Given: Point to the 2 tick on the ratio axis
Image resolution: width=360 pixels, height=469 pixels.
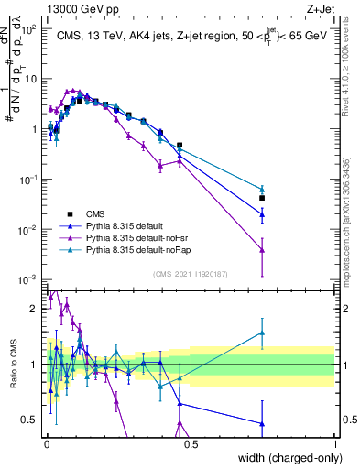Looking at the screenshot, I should (x=36, y=309).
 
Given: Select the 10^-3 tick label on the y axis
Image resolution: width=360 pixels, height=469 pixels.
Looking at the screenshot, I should (x=27, y=278).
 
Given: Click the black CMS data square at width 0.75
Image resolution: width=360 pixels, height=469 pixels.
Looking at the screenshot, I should (x=262, y=198).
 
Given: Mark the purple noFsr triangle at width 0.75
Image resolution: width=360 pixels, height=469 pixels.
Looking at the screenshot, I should (x=262, y=249).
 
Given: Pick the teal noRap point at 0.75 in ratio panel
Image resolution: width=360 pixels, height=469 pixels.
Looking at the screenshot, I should (x=262, y=333).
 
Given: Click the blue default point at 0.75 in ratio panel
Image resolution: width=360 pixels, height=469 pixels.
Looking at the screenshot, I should (x=262, y=424).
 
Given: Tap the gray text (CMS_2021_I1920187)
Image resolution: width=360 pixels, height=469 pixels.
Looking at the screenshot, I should (x=189, y=272).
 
